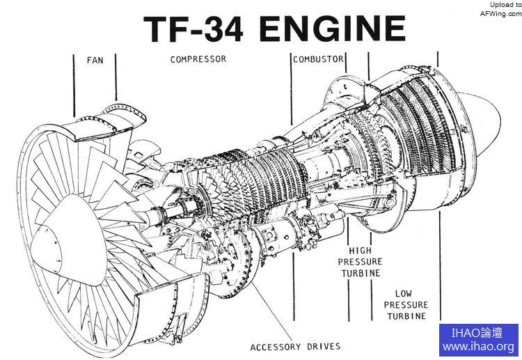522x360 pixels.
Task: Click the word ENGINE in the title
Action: click(x=332, y=29)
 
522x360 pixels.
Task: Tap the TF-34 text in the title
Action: click(x=195, y=29)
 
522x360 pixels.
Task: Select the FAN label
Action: click(x=95, y=61)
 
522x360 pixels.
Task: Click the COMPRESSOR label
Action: click(x=198, y=60)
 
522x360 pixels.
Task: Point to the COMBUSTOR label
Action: click(x=318, y=60)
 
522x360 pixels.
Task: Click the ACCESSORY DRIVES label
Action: click(x=296, y=346)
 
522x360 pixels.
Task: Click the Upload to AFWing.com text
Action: click(x=500, y=9)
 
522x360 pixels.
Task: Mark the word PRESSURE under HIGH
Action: click(x=360, y=262)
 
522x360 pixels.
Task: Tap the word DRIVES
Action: click(x=325, y=346)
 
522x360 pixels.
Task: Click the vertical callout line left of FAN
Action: click(x=74, y=84)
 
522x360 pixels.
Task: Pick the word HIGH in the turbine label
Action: click(x=360, y=250)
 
